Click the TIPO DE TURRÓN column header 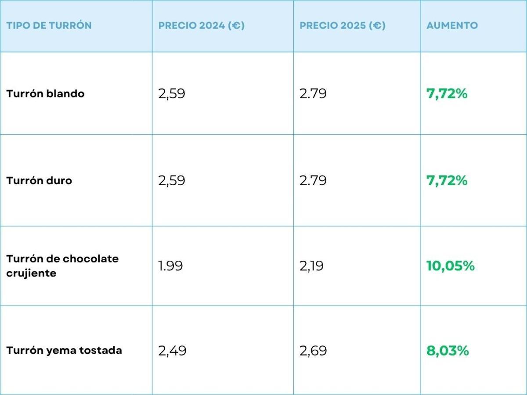tap(49, 25)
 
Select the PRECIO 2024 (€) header tap(202, 25)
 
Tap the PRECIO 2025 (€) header tap(343, 25)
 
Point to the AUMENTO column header tap(452, 25)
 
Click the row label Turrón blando tap(45, 93)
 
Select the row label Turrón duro tap(39, 180)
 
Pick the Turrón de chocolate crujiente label tap(62, 266)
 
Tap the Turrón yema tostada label tap(64, 350)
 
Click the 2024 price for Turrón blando tap(172, 94)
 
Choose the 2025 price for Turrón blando tap(313, 94)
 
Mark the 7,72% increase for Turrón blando tap(447, 93)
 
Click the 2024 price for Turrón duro tap(172, 181)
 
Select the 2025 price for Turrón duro tap(313, 181)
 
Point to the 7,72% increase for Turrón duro tap(447, 180)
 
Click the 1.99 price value tap(170, 266)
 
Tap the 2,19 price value tap(311, 266)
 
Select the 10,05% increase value tap(451, 266)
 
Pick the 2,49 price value tap(172, 351)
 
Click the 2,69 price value tap(313, 351)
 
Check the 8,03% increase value tap(448, 351)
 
